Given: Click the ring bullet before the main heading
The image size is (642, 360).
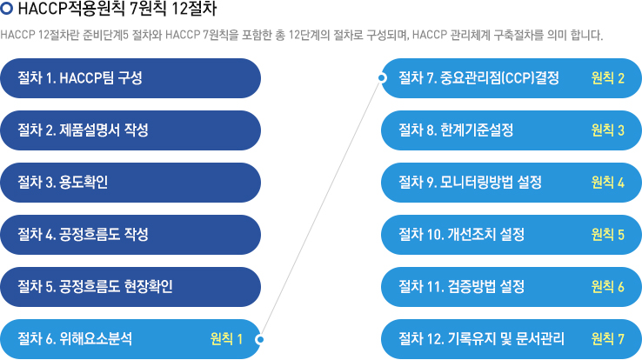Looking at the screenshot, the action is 7,9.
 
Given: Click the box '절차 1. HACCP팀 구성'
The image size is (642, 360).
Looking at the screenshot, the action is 130,78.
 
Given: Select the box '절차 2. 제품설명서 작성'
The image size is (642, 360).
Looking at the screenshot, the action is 130,130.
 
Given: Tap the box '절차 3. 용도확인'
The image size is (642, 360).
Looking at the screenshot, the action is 130,183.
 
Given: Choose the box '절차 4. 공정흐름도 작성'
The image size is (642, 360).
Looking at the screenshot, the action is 130,235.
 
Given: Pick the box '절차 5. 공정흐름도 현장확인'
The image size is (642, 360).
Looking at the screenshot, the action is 130,287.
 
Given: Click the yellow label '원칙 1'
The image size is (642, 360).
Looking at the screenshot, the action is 226,339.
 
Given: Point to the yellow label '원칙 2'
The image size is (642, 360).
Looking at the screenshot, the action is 607,78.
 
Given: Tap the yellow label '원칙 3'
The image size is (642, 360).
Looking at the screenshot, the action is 607,130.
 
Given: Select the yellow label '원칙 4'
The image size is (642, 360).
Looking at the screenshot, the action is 607,183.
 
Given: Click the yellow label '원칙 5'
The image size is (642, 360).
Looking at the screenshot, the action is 607,235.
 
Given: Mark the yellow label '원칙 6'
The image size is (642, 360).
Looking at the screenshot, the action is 607,287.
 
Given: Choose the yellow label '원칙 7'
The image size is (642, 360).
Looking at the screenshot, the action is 607,339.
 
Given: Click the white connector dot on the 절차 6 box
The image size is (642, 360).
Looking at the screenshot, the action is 259,339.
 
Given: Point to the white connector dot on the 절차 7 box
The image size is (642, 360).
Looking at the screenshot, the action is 382,77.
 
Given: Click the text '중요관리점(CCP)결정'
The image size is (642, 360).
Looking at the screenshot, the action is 499,78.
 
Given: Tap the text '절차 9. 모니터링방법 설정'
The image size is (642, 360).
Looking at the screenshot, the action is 470,183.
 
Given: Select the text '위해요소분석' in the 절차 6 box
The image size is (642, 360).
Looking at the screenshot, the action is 96,339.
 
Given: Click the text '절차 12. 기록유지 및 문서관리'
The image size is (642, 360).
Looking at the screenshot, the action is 482,339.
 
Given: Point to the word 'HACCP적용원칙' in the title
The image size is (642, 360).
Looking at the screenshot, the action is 71,9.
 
